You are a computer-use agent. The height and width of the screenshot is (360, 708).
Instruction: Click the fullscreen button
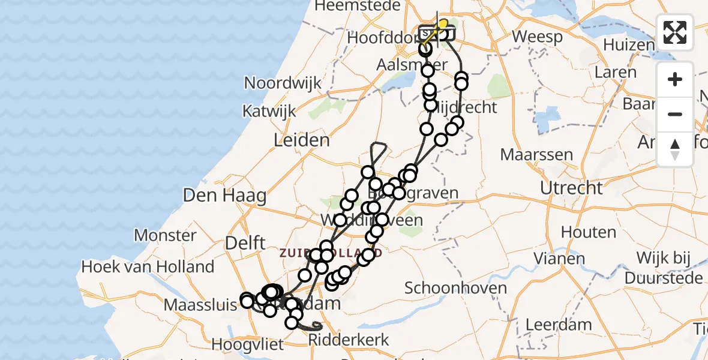[675, 32]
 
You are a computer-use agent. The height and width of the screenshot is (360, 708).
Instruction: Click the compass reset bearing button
[675, 149]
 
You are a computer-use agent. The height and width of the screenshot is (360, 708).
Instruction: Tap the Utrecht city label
[571, 188]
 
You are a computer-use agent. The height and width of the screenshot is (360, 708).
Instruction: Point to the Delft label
[245, 243]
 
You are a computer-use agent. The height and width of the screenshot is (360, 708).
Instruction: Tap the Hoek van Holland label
[148, 266]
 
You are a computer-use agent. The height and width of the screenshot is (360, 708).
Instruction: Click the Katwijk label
[269, 111]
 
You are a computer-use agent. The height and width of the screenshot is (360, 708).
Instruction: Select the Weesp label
[537, 37]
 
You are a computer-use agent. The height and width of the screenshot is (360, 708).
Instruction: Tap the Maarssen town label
[536, 155]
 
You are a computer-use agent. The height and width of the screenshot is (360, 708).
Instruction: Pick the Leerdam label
[558, 325]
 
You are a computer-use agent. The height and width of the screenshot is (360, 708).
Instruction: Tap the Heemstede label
[357, 5]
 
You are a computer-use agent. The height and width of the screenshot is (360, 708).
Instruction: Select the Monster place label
[166, 235]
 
